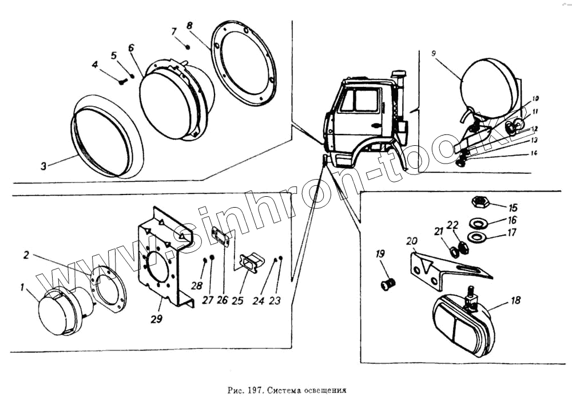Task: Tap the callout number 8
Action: click(190, 26)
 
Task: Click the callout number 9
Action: click(434, 53)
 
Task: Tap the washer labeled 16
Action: click(478, 221)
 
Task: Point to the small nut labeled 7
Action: click(188, 46)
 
